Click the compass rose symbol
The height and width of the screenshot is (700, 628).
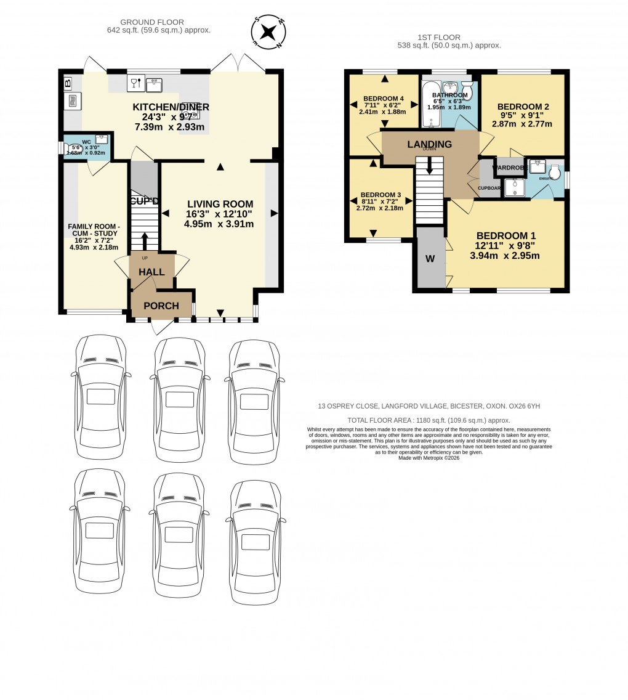tap(268, 31)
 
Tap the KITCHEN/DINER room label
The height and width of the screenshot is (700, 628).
tap(171, 107)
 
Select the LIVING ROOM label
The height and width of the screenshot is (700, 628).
tap(220, 204)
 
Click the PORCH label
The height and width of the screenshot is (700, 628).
tap(161, 306)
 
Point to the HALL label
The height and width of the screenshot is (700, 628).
tap(151, 272)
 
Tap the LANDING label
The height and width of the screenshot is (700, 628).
tap(430, 144)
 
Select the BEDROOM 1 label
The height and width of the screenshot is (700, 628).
tap(506, 235)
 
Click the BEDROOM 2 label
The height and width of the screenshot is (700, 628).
tap(523, 107)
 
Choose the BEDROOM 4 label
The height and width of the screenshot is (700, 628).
tap(384, 99)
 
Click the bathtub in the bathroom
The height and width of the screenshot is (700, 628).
tap(429, 104)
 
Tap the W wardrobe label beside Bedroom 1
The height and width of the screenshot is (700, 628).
tap(430, 259)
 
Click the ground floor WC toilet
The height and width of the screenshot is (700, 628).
tap(75, 148)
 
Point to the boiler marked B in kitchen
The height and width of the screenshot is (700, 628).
tap(68, 82)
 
